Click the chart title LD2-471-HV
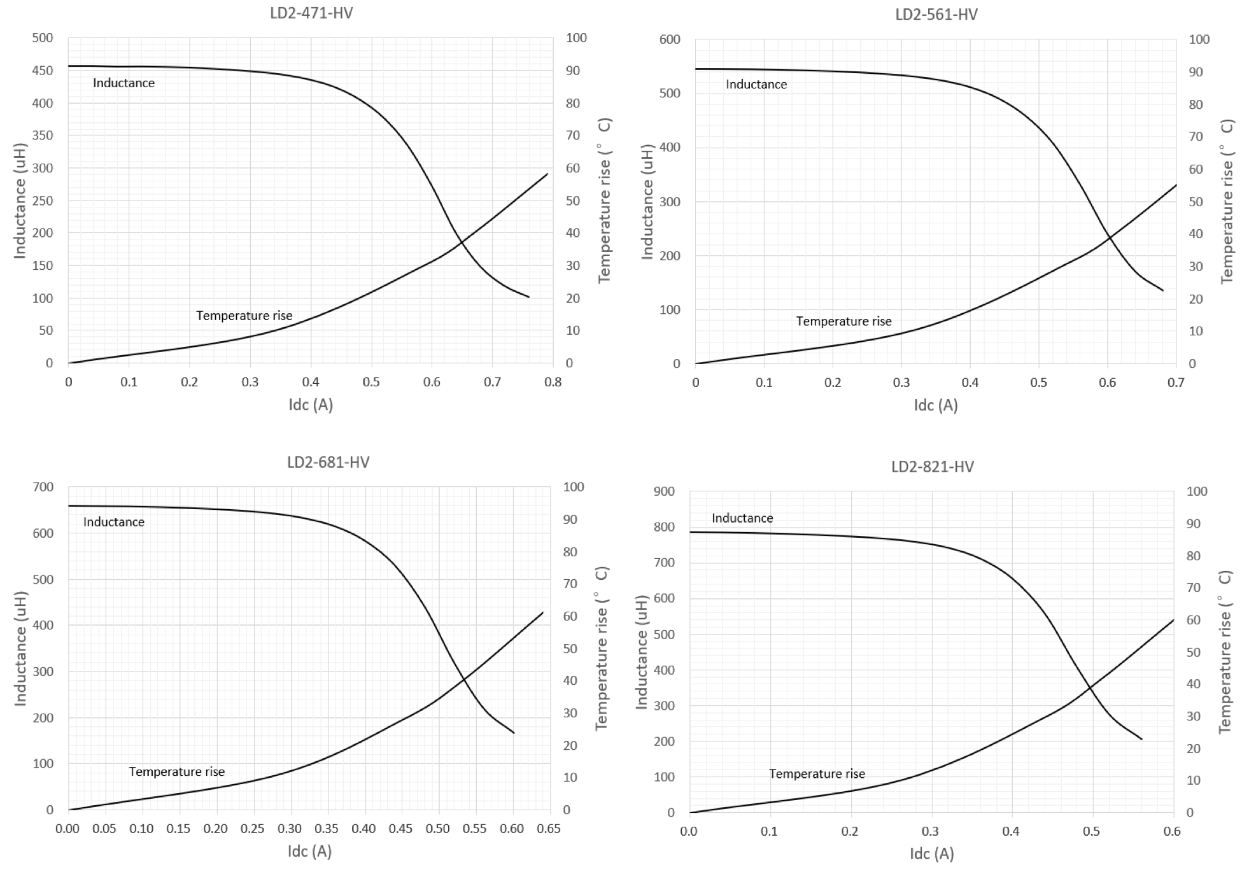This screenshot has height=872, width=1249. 311,13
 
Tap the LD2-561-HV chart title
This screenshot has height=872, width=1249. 936,14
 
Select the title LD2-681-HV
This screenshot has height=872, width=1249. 328,462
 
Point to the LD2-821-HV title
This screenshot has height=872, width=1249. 932,467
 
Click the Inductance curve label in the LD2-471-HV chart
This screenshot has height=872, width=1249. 123,83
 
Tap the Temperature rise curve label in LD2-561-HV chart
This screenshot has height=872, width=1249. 843,321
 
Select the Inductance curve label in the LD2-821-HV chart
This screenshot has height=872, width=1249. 742,518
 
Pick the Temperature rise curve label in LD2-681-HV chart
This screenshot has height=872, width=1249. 176,771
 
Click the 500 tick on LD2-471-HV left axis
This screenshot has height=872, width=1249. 43,38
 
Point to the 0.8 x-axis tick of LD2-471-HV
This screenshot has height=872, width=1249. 553,383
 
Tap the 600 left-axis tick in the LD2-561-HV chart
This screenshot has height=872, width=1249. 669,39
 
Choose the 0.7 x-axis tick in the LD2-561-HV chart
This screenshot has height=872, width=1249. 1176,383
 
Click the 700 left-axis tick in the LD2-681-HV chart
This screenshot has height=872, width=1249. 43,487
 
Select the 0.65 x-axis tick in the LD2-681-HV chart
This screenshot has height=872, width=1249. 549,829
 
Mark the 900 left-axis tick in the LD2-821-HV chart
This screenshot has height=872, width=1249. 664,491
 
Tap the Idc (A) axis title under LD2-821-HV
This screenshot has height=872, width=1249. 931,854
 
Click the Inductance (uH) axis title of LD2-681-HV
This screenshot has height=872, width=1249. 20,648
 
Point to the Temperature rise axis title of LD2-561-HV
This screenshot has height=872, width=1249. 1227,201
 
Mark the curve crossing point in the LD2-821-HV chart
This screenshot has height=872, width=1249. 1090,687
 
